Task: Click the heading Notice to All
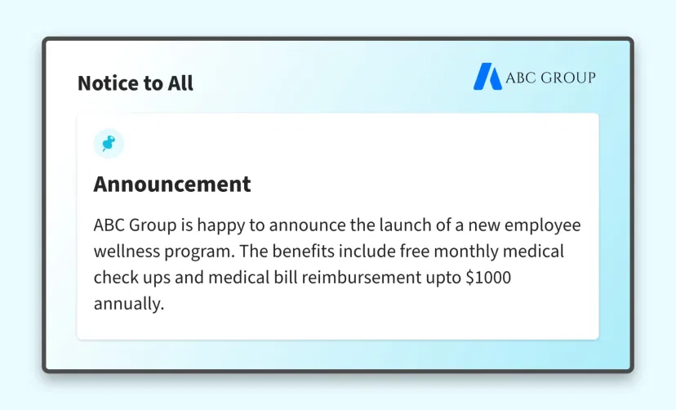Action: click(136, 83)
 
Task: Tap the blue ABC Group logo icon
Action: click(487, 77)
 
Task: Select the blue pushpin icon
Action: click(109, 144)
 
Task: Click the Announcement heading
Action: click(172, 184)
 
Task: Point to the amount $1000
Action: click(488, 277)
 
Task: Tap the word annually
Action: click(129, 304)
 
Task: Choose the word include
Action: click(366, 251)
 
